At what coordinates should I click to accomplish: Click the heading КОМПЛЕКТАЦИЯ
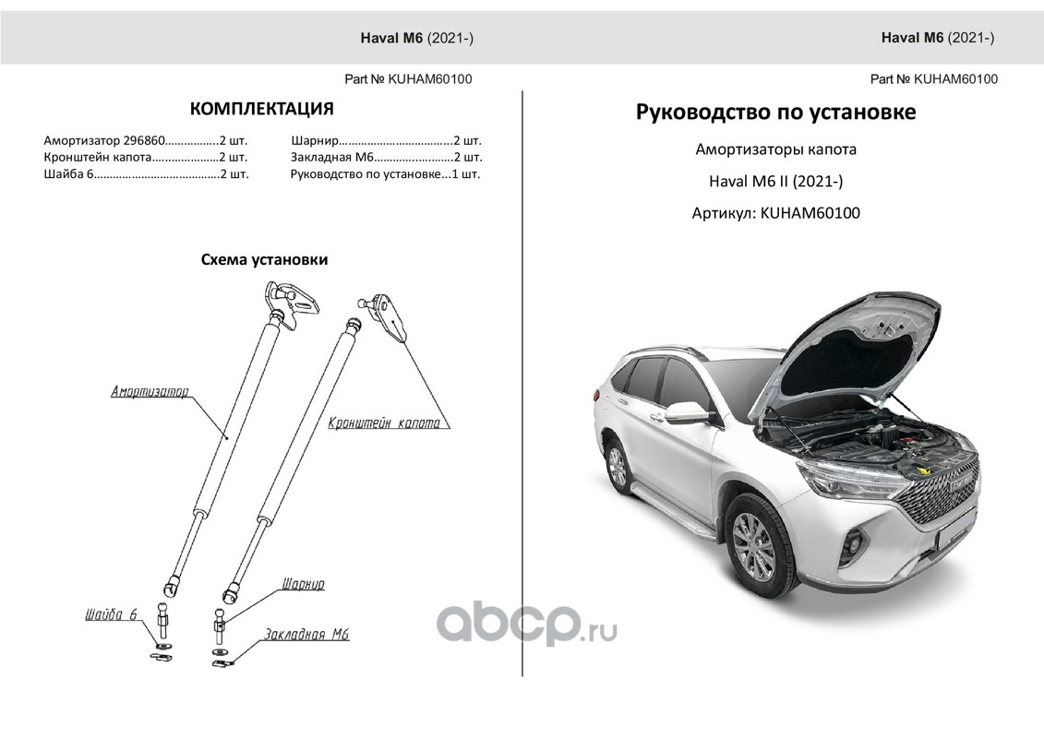[x=261, y=110]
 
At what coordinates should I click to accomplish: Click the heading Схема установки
[x=264, y=260]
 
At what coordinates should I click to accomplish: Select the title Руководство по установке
[x=775, y=113]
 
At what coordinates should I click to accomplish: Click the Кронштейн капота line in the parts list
[x=146, y=158]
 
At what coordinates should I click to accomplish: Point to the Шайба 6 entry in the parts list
[x=146, y=174]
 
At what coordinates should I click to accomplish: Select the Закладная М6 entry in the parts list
[x=386, y=158]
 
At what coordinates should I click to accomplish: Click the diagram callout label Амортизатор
[x=150, y=392]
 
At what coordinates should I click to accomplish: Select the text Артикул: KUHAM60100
[x=775, y=213]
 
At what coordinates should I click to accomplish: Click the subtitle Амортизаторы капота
[x=775, y=149]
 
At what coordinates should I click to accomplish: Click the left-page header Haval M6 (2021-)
[x=416, y=38]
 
